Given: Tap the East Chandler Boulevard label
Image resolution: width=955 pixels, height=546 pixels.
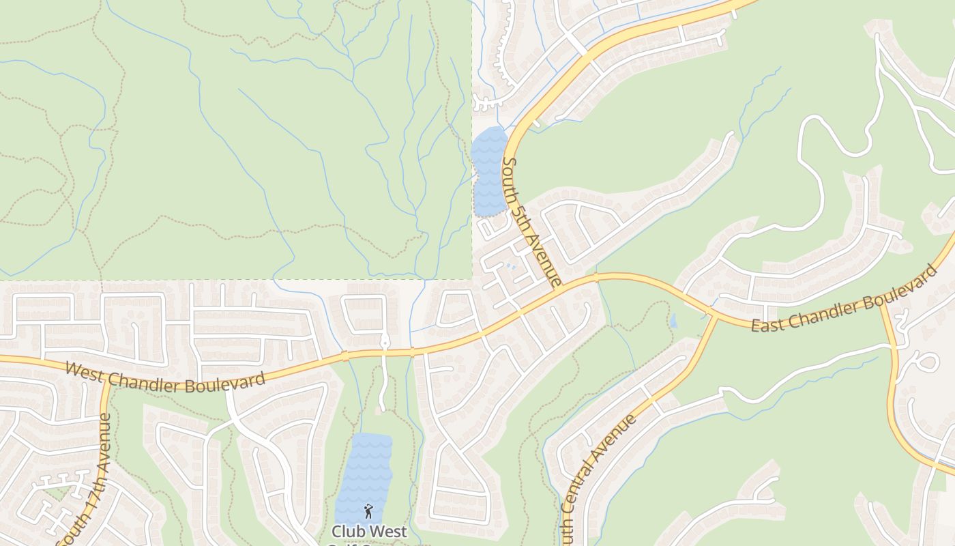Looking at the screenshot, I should pos(845,299).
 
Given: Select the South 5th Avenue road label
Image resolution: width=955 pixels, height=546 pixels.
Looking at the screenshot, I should pos(531,222).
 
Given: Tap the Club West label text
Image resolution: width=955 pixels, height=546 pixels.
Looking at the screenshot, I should pos(369,531).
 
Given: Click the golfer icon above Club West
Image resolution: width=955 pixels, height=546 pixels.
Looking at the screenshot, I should pos(368,510).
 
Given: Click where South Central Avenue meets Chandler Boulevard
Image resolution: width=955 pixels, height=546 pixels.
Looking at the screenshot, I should pos(712,315).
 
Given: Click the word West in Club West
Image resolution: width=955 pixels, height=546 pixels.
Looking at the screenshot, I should pos(388,531).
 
